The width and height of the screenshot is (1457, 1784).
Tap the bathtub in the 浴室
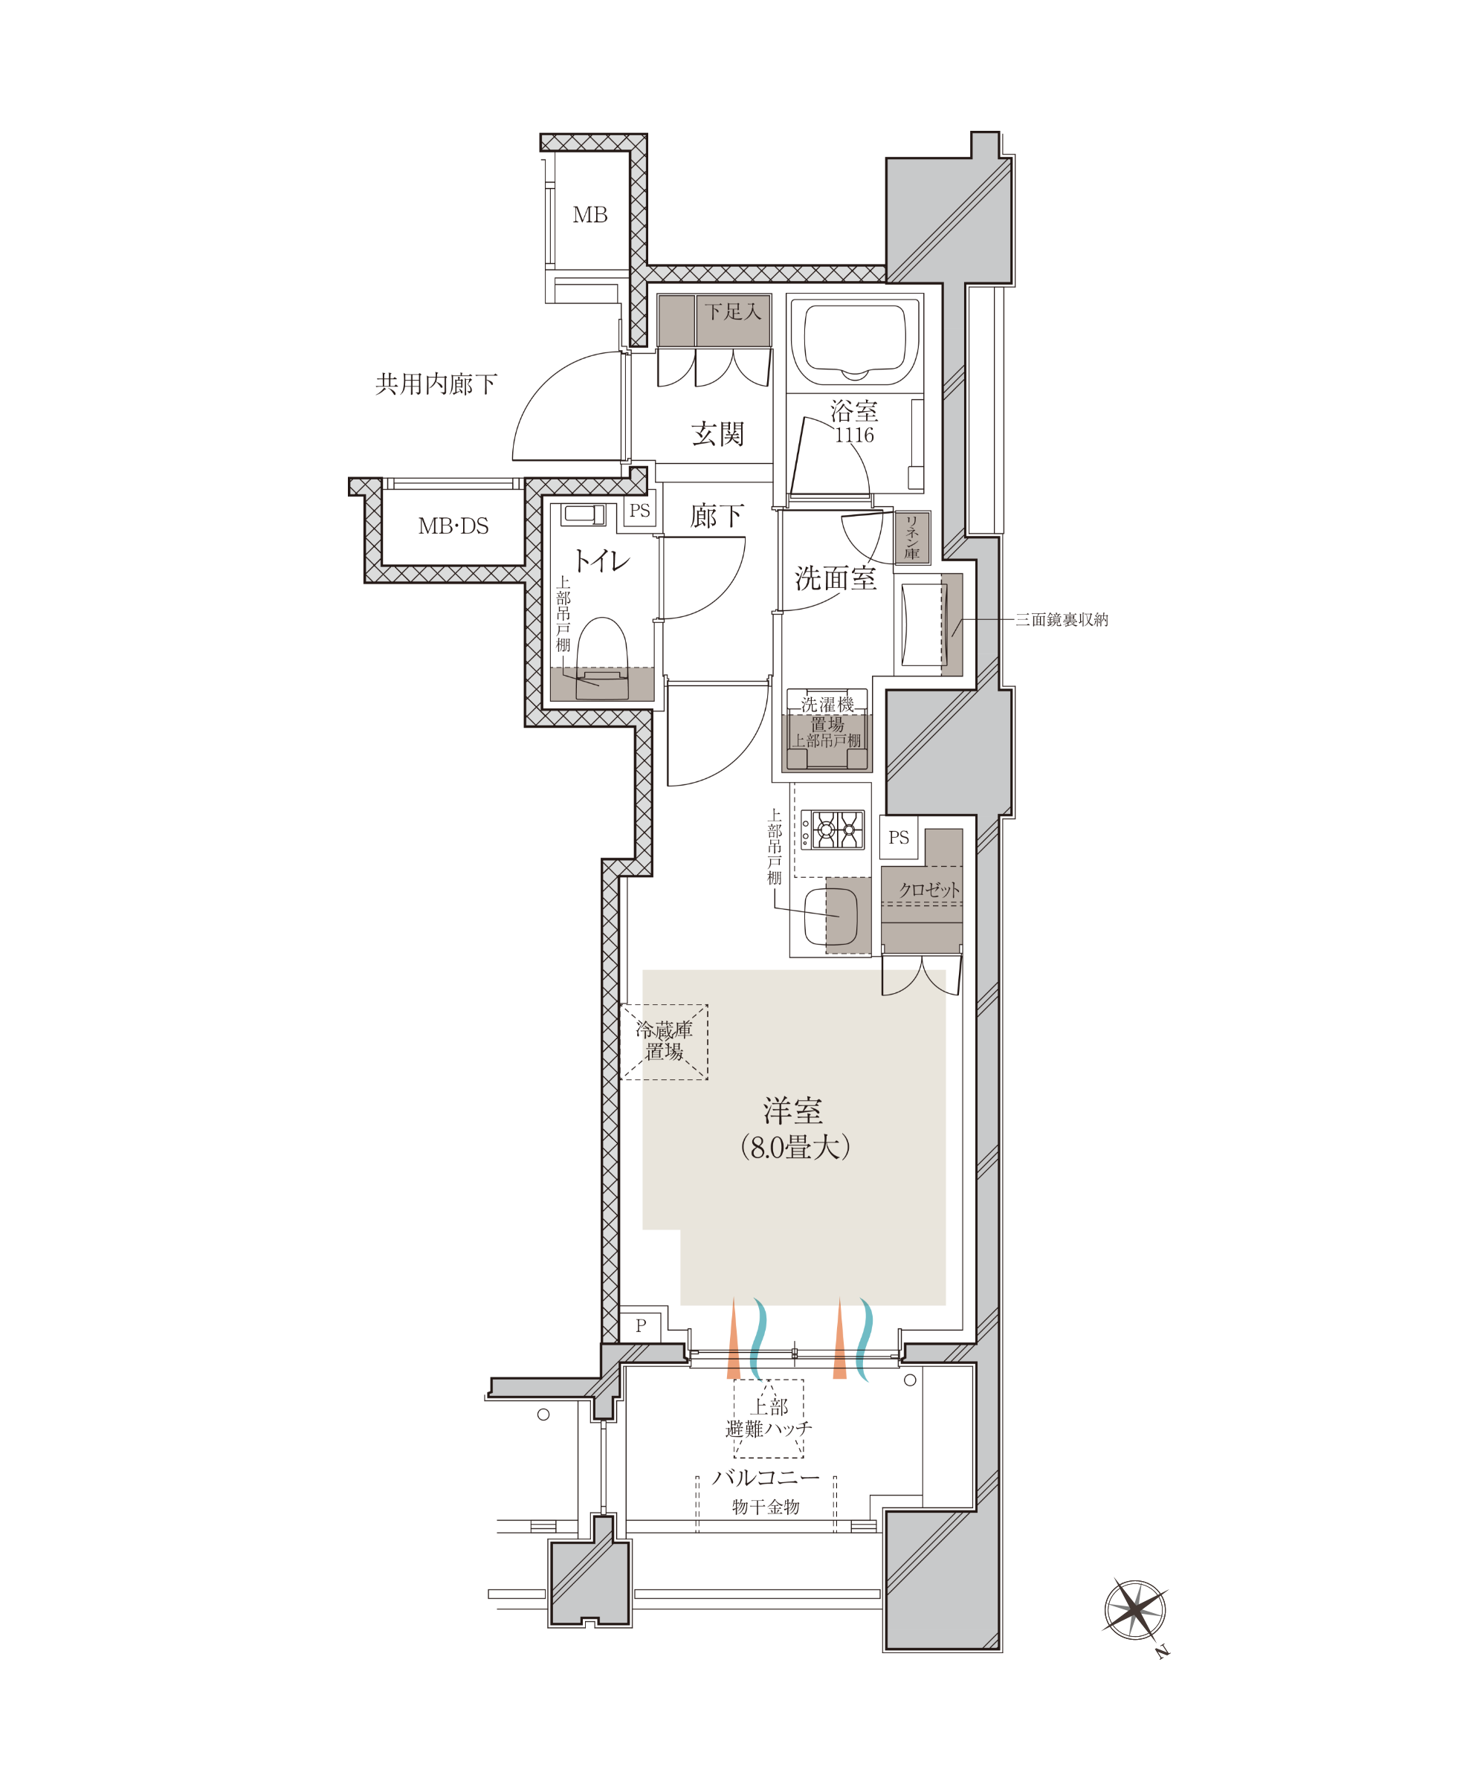(x=854, y=343)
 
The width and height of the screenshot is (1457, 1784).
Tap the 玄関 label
(x=717, y=433)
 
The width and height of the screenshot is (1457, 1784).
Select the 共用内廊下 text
(x=436, y=384)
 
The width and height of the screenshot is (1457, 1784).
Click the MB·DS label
(x=453, y=526)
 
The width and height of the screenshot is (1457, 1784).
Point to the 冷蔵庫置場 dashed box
(x=664, y=1041)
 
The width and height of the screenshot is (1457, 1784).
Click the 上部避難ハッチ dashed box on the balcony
(x=768, y=1418)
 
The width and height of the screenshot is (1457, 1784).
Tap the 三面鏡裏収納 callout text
(x=1062, y=619)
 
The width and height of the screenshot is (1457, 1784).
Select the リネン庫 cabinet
(x=912, y=537)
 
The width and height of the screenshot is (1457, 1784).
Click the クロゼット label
(x=929, y=890)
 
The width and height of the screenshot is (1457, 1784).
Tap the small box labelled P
(x=640, y=1326)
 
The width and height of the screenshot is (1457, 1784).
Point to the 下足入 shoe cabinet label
(x=733, y=312)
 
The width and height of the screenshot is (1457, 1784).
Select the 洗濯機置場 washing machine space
(x=827, y=729)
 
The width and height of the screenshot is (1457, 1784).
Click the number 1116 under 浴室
(x=854, y=435)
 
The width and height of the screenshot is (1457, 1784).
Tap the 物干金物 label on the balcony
(x=766, y=1506)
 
